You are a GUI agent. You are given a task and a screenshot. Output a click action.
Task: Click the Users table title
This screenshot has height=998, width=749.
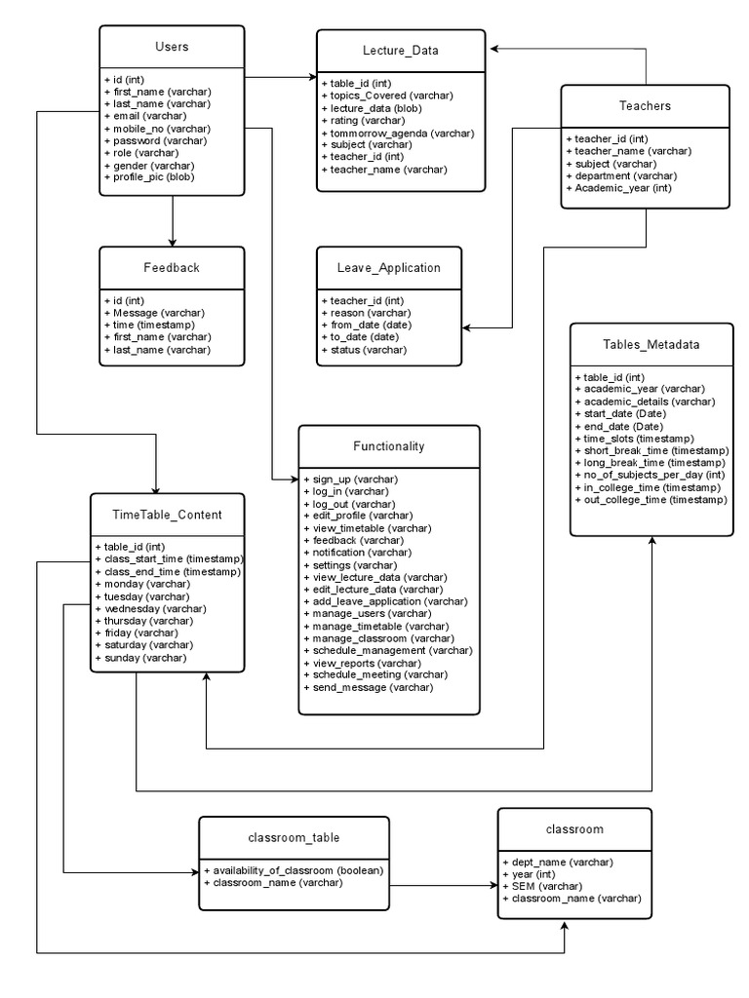[172, 47]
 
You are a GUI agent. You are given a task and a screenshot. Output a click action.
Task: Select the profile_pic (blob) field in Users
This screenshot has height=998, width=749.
[149, 177]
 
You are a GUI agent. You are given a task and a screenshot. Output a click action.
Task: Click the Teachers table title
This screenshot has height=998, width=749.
[645, 105]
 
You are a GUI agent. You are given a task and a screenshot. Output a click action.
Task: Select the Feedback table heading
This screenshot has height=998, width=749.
[172, 267]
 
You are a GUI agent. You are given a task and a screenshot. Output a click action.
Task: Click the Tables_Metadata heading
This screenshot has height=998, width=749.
[650, 344]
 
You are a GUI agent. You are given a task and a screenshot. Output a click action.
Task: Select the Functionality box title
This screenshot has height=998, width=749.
[388, 446]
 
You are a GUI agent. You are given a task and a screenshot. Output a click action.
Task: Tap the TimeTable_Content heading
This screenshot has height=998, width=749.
[168, 515]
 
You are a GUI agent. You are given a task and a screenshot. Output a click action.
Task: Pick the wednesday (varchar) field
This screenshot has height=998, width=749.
[142, 608]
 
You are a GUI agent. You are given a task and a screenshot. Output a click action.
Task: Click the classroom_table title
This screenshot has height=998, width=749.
[294, 837]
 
